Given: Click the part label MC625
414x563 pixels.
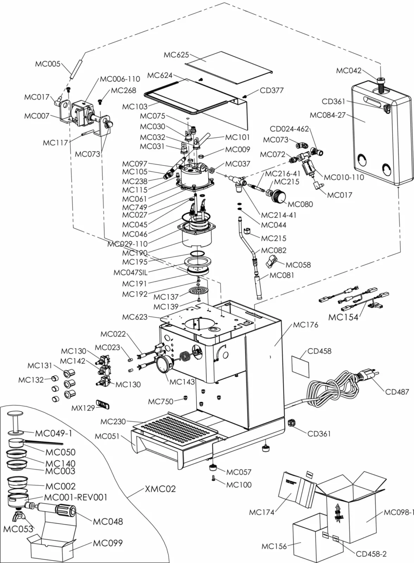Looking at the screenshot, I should pyautogui.click(x=176, y=55).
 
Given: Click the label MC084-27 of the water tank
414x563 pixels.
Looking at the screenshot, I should pyautogui.click(x=327, y=115).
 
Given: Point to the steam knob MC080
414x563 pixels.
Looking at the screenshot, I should pyautogui.click(x=280, y=196).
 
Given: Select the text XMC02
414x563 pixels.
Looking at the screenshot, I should pyautogui.click(x=160, y=489).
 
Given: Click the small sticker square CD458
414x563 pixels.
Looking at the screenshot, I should pyautogui.click(x=300, y=366).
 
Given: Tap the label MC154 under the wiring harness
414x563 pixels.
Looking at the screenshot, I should pyautogui.click(x=343, y=317).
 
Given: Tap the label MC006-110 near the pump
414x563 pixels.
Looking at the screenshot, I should pyautogui.click(x=120, y=79).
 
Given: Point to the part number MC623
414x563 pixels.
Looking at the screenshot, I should pyautogui.click(x=135, y=317).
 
